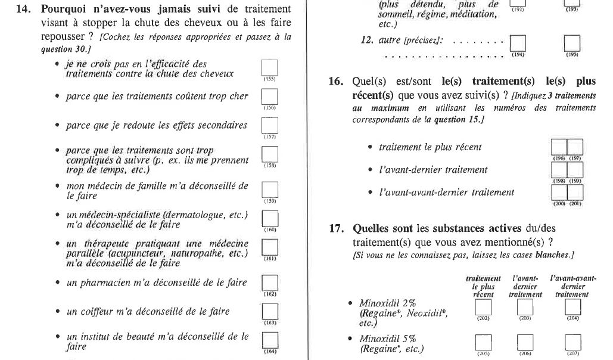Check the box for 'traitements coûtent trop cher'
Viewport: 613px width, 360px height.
[269, 97]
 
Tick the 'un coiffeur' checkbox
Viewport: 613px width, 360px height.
[269, 311]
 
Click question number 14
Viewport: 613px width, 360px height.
[21, 10]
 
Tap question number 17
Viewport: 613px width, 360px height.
[334, 228]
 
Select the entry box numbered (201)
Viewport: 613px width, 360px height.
[574, 193]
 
